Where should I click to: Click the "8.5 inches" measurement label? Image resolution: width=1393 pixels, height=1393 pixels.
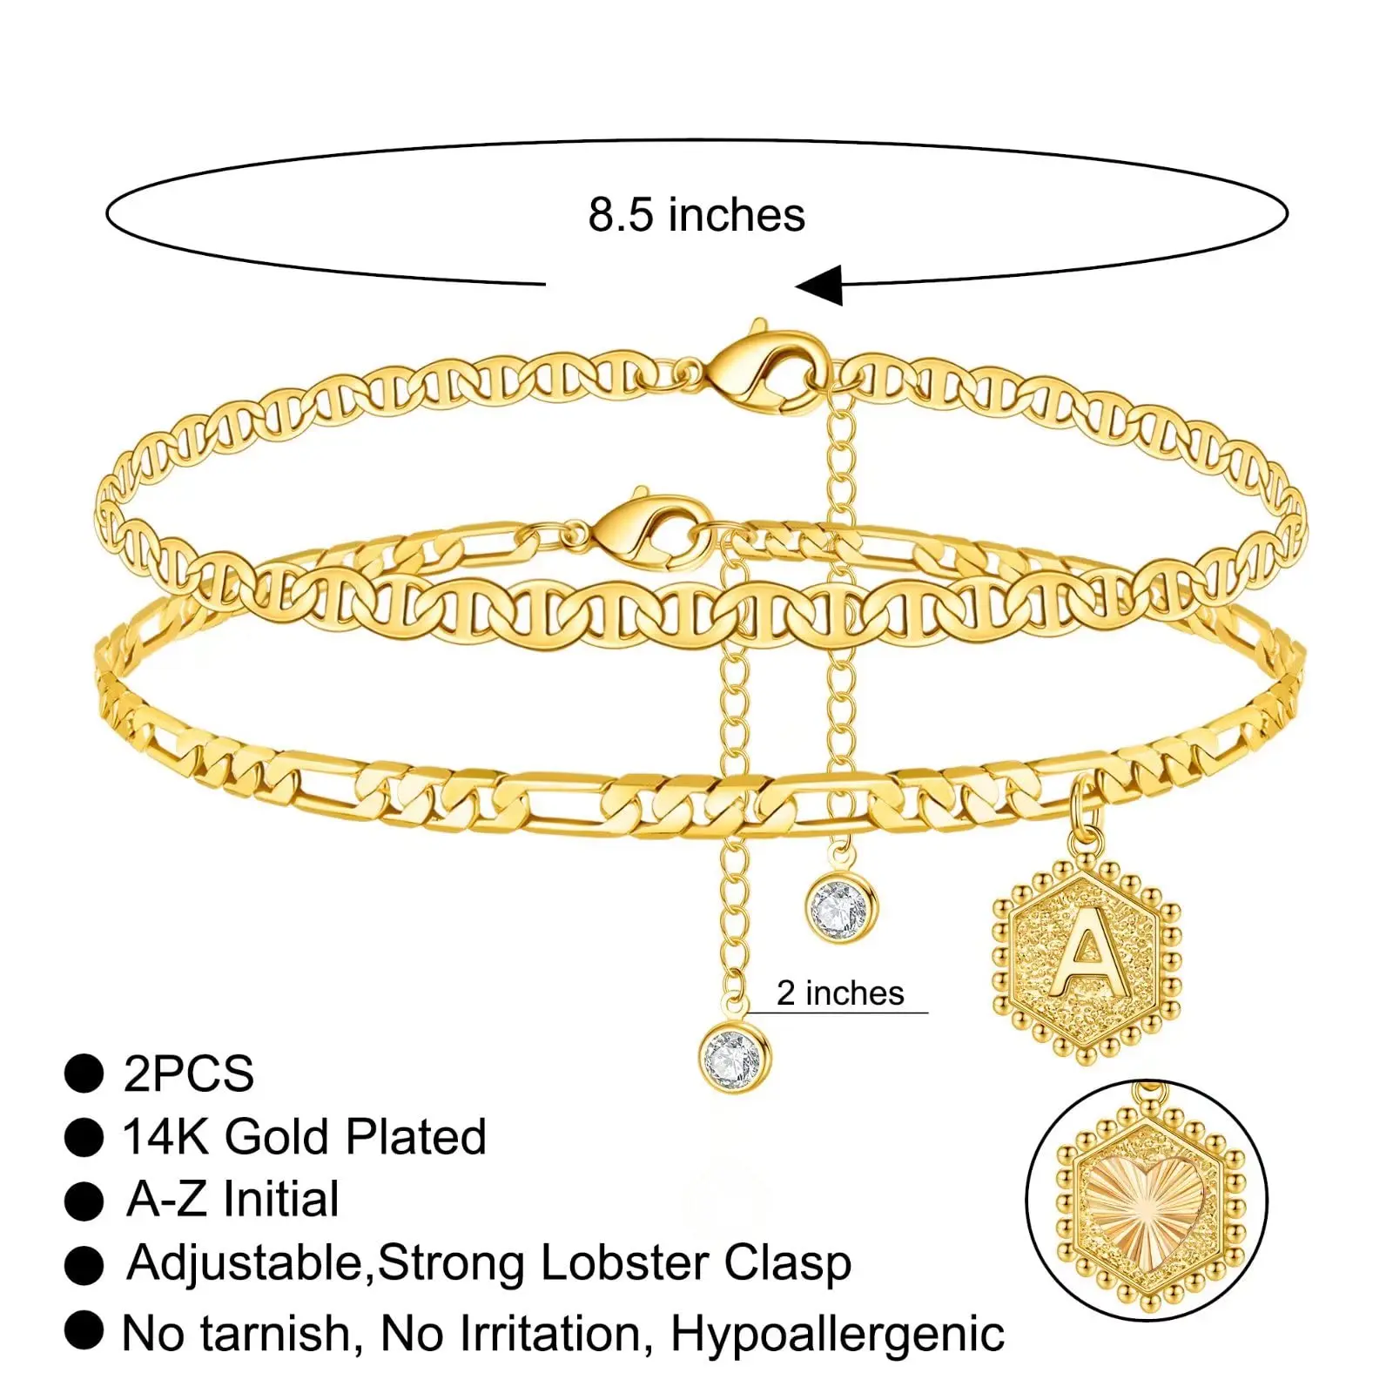[696, 215]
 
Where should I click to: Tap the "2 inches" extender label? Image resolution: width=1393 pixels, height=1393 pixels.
[840, 993]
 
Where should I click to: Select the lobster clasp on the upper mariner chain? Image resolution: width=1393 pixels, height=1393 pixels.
[762, 366]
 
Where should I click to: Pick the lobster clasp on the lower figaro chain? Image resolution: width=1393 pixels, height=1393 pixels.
[649, 527]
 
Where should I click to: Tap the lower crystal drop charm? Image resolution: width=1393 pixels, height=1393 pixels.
[735, 1057]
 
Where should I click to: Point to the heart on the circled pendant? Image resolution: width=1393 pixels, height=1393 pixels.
[1146, 1200]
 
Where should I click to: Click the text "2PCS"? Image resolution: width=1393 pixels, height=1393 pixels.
[188, 1073]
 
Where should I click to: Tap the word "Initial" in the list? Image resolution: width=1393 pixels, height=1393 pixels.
[280, 1200]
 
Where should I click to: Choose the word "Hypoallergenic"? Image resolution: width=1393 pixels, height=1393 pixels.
[838, 1334]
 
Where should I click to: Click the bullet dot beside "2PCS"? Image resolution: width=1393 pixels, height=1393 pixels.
[84, 1073]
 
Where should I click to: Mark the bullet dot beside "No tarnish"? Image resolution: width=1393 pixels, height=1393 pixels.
[84, 1330]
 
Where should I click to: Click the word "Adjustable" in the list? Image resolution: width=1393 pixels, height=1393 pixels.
[250, 1263]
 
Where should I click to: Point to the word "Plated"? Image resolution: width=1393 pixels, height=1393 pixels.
[415, 1137]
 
